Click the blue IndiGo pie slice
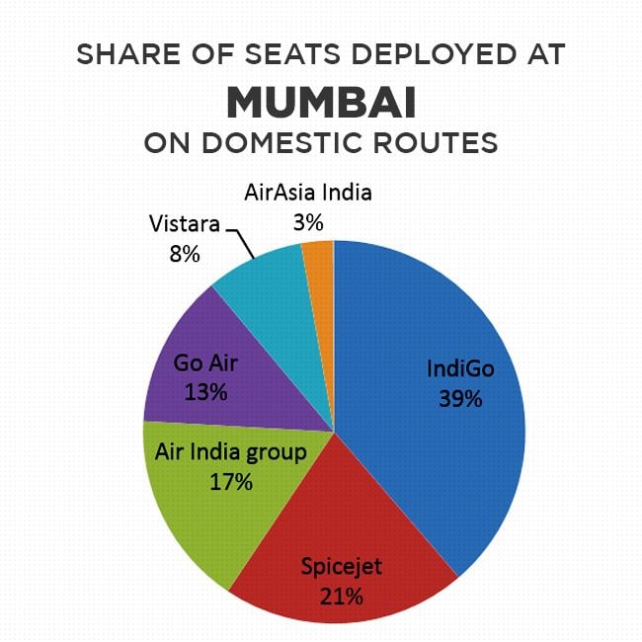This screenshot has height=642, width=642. (x=435, y=326)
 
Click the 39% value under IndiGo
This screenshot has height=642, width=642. (x=459, y=399)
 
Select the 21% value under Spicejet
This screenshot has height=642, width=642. (x=342, y=596)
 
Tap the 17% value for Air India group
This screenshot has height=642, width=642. (x=231, y=483)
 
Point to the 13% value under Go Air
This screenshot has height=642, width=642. (x=205, y=392)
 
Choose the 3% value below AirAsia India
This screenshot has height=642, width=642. (x=308, y=219)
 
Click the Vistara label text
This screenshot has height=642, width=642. (x=184, y=223)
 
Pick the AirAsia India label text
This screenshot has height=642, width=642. (x=308, y=192)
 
